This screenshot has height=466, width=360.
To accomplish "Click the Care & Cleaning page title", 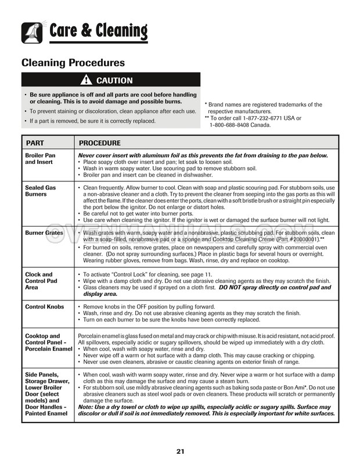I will coord(98,30).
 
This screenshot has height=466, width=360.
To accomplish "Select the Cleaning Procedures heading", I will coord(73,62).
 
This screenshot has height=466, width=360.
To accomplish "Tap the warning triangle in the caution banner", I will coord(87,80).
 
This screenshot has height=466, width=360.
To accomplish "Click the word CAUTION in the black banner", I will coord(114,80).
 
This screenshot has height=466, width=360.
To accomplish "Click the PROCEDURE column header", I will coord(100,143).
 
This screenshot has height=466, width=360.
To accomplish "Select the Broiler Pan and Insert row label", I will coord(40,159).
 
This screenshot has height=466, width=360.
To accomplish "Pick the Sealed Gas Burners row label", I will coord(39,191).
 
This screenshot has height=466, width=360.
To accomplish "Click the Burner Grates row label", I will coord(44,233).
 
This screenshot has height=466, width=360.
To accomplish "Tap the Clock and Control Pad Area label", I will coord(41,281).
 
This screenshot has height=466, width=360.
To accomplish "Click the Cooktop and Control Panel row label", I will coord(46,343).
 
